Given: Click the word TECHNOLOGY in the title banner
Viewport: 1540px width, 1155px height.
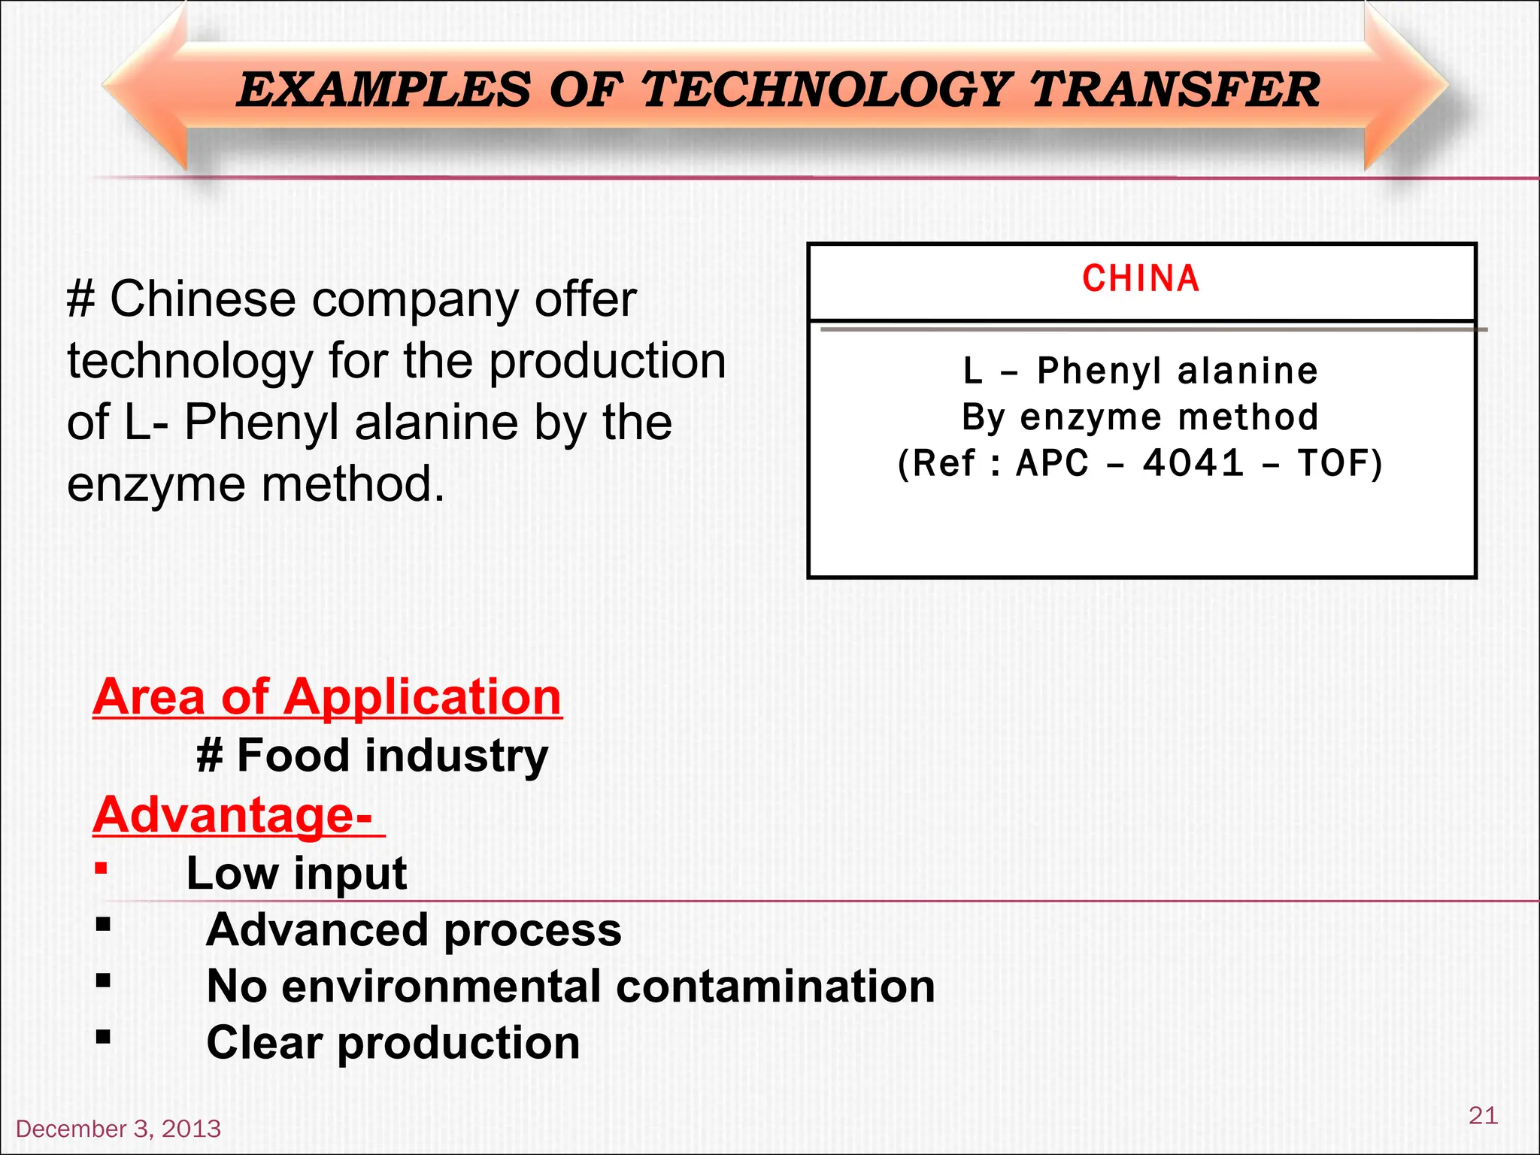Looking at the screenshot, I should pos(826,90).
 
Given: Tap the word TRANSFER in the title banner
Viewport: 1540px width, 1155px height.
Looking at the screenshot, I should pos(1174,90).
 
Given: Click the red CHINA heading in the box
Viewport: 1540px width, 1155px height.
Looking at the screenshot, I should pos(1141,279).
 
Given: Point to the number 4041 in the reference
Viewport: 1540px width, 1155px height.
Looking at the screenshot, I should pos(1193,463).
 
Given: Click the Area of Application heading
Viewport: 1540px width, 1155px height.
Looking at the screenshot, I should pos(327,697).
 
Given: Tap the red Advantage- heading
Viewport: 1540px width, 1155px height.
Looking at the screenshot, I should pos(233,815).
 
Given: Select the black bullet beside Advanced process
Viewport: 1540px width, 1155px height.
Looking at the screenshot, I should pos(103,924).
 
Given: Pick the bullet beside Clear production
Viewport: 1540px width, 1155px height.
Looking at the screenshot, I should pos(103,1038).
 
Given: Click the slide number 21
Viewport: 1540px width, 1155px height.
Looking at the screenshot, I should pos(1483,1115).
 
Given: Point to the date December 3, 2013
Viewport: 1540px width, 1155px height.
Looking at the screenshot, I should pos(118,1129).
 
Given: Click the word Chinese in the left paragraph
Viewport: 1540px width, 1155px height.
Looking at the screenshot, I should pos(203,299).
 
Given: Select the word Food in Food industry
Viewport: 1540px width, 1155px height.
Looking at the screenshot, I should pos(293,756).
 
